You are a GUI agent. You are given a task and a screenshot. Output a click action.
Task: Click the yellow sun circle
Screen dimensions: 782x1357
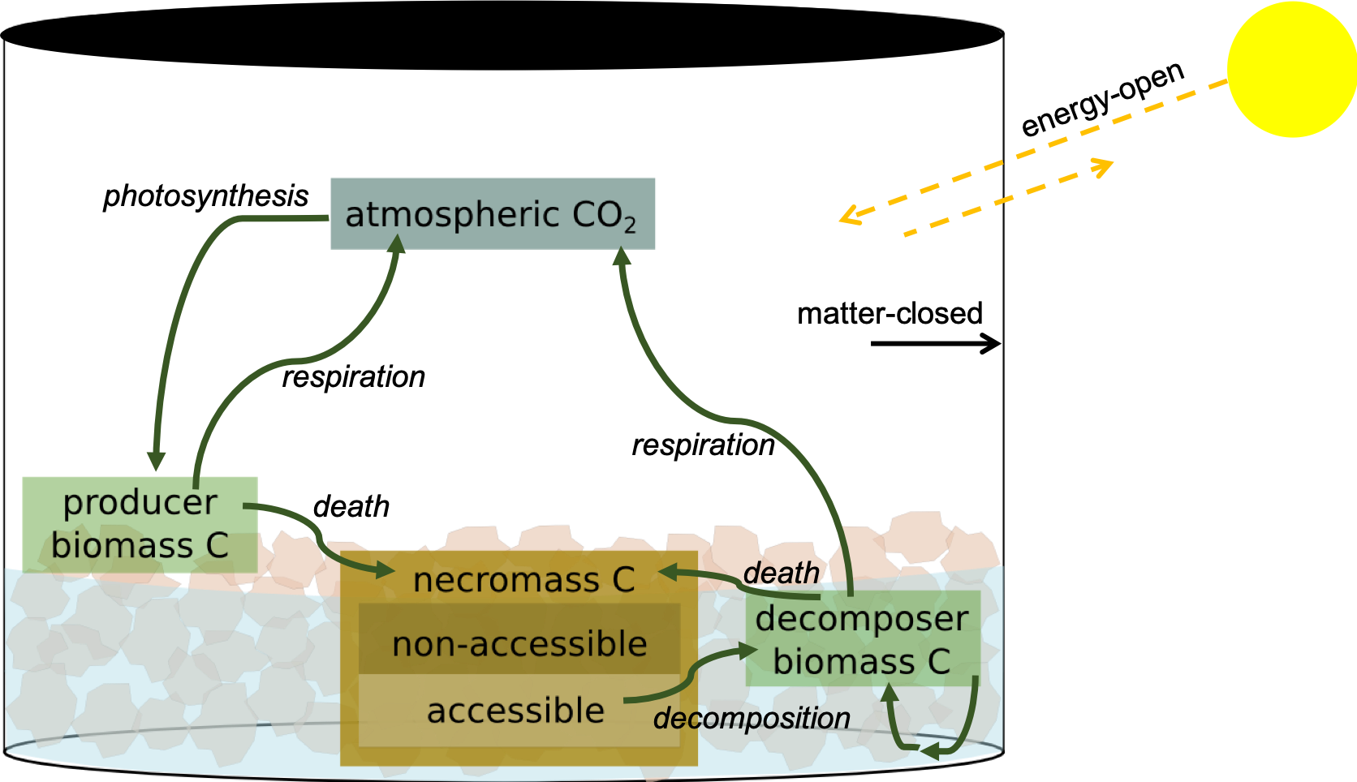[x=1291, y=69]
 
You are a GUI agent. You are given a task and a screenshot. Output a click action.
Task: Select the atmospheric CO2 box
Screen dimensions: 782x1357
[x=493, y=213]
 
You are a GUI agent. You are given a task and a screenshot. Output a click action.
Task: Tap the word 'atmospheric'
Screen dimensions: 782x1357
[x=452, y=215]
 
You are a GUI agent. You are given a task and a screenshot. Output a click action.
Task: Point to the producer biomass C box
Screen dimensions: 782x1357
[x=140, y=523]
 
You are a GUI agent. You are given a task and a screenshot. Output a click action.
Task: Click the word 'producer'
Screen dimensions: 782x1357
[x=140, y=502]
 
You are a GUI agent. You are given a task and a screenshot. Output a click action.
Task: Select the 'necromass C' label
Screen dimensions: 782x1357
[x=523, y=580]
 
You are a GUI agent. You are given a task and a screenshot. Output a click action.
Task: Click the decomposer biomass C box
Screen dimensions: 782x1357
[x=863, y=639]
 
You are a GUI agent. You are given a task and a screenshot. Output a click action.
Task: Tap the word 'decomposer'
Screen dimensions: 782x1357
[x=862, y=619]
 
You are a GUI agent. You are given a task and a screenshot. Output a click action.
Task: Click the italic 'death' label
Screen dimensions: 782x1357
[x=781, y=573]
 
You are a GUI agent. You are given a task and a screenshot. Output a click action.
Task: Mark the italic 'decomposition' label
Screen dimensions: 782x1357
[x=752, y=718]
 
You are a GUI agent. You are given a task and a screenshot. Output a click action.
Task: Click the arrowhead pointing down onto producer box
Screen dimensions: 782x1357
[x=156, y=461]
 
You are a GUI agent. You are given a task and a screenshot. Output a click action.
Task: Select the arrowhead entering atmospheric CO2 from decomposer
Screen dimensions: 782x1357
[x=622, y=258]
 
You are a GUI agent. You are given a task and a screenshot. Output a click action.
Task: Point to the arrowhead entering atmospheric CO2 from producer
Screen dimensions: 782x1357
[x=397, y=243]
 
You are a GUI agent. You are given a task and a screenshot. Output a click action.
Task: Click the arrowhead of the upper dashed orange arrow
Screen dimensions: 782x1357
[x=849, y=217]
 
